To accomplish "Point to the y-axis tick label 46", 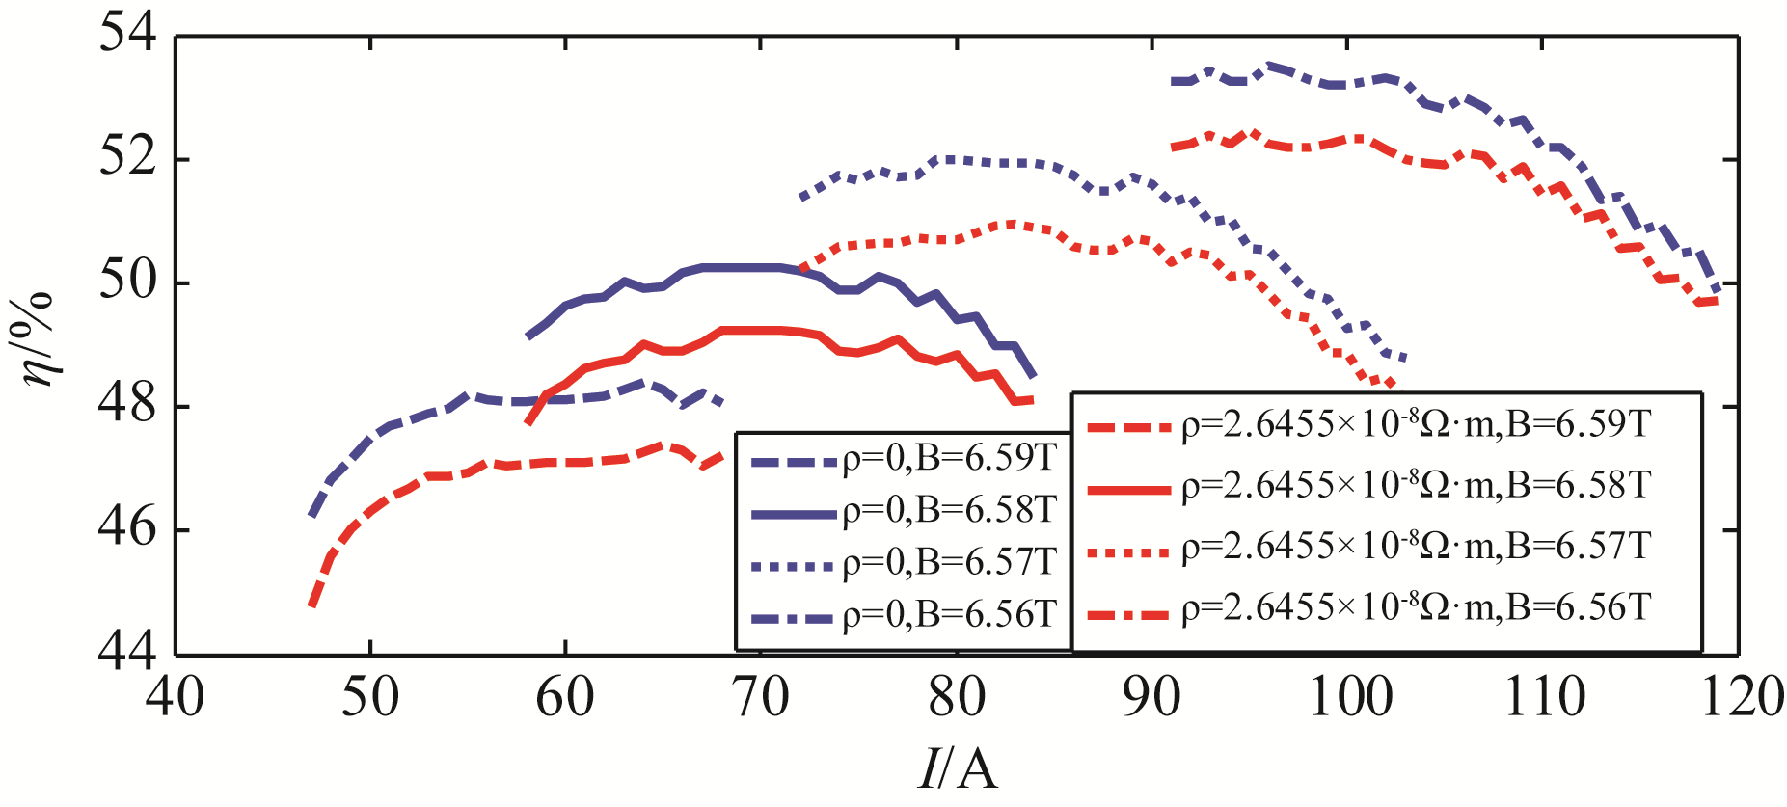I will click(x=127, y=528).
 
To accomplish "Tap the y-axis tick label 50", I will click(x=127, y=282).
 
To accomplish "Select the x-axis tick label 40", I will click(x=176, y=696).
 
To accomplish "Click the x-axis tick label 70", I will click(x=761, y=696).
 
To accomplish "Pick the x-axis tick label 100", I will click(x=1349, y=696).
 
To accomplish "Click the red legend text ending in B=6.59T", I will click(x=1417, y=424).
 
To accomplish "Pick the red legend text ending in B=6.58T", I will click(x=1417, y=485).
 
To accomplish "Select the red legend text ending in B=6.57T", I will click(x=1417, y=547).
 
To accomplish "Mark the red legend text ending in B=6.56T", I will click(x=1417, y=608).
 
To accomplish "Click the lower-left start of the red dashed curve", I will click(x=311, y=605).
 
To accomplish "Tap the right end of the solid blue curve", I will click(x=1034, y=375).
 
